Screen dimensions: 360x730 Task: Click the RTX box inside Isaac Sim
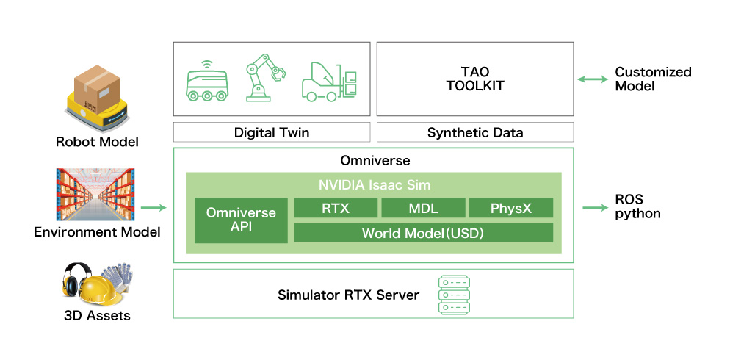[336, 208]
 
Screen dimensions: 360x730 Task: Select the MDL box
[422, 208]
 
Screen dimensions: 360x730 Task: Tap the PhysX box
[510, 208]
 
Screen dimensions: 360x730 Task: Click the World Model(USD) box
[423, 233]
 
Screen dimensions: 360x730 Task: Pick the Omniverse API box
[241, 220]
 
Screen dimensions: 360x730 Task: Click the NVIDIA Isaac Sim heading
[374, 184]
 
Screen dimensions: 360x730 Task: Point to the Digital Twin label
[272, 132]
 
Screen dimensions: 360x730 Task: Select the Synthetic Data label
[475, 132]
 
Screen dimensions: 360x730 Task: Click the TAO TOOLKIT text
[475, 79]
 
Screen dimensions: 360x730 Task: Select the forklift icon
[329, 79]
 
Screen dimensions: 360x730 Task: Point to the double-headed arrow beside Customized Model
[592, 79]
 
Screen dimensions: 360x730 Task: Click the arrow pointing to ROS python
[593, 208]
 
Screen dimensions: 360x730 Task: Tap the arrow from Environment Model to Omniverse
[153, 208]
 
